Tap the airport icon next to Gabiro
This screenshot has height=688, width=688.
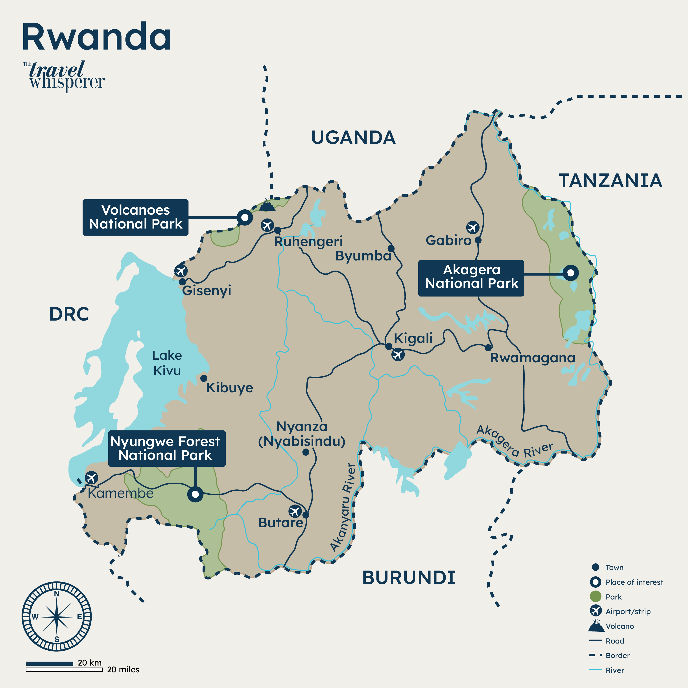pyautogui.click(x=472, y=227)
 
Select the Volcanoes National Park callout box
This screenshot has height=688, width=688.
pyautogui.click(x=135, y=217)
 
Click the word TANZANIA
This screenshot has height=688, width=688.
pyautogui.click(x=610, y=181)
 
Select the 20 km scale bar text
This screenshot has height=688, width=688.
pyautogui.click(x=90, y=663)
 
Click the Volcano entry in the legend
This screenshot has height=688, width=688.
pyautogui.click(x=620, y=626)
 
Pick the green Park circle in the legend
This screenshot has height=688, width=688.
pyautogui.click(x=595, y=596)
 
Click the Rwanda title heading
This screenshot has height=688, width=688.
pyautogui.click(x=97, y=37)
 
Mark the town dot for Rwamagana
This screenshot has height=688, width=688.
pyautogui.click(x=488, y=348)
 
